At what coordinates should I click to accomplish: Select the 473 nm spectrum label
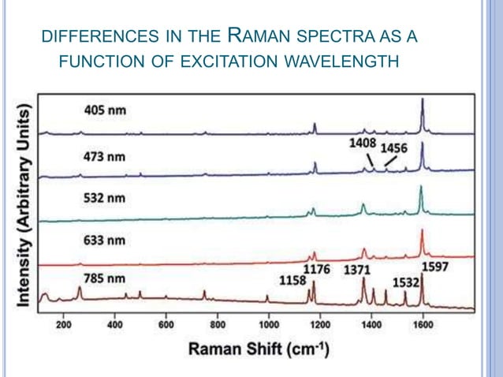tap(105, 156)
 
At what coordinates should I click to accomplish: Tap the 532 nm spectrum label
tap(105, 198)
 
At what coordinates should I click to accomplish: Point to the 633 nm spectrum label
tap(105, 240)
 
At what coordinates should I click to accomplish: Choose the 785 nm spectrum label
tap(105, 278)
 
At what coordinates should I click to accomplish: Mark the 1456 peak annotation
tap(395, 148)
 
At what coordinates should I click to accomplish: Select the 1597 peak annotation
tap(435, 267)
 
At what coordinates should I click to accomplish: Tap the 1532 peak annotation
tap(408, 281)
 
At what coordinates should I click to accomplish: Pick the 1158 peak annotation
tap(291, 279)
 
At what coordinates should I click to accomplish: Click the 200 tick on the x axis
tap(64, 323)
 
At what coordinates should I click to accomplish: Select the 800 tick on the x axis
tap(218, 323)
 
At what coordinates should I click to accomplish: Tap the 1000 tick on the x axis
tap(269, 323)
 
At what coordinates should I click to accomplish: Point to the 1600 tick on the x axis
tap(423, 323)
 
